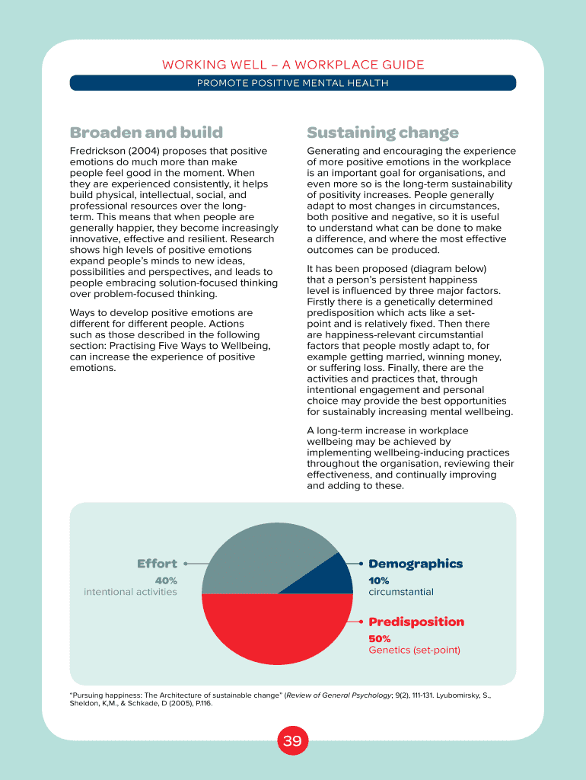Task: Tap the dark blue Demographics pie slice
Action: [x=332, y=577]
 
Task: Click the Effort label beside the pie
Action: [x=157, y=564]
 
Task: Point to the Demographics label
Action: [x=416, y=564]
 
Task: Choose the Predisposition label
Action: [x=416, y=622]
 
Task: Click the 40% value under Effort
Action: [x=166, y=580]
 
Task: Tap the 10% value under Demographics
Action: [x=379, y=580]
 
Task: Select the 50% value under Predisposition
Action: [x=380, y=638]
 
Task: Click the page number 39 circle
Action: [x=293, y=741]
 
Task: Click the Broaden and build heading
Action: [x=146, y=133]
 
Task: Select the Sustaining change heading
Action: [x=383, y=133]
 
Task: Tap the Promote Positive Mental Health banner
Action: [x=293, y=83]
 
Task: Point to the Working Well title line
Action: [x=293, y=65]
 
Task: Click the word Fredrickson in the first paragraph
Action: [x=97, y=151]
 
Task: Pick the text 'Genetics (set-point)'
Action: [x=415, y=651]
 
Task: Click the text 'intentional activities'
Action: [x=130, y=592]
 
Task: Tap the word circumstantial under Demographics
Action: [x=401, y=592]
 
